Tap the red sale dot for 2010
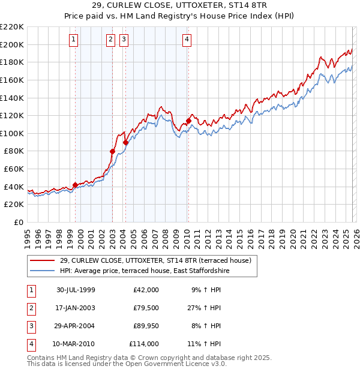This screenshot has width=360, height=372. pos(188,121)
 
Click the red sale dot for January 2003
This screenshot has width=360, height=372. pos(112,152)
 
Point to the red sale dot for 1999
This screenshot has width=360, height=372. pos(76,185)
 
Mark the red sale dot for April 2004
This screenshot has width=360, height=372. pos(126,142)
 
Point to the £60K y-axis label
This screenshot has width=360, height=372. pos(14,169)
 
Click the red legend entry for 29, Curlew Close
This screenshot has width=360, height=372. pos(150,260)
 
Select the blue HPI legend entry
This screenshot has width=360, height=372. pos(145,271)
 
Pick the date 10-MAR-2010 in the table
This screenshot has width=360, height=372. pos(76,344)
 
